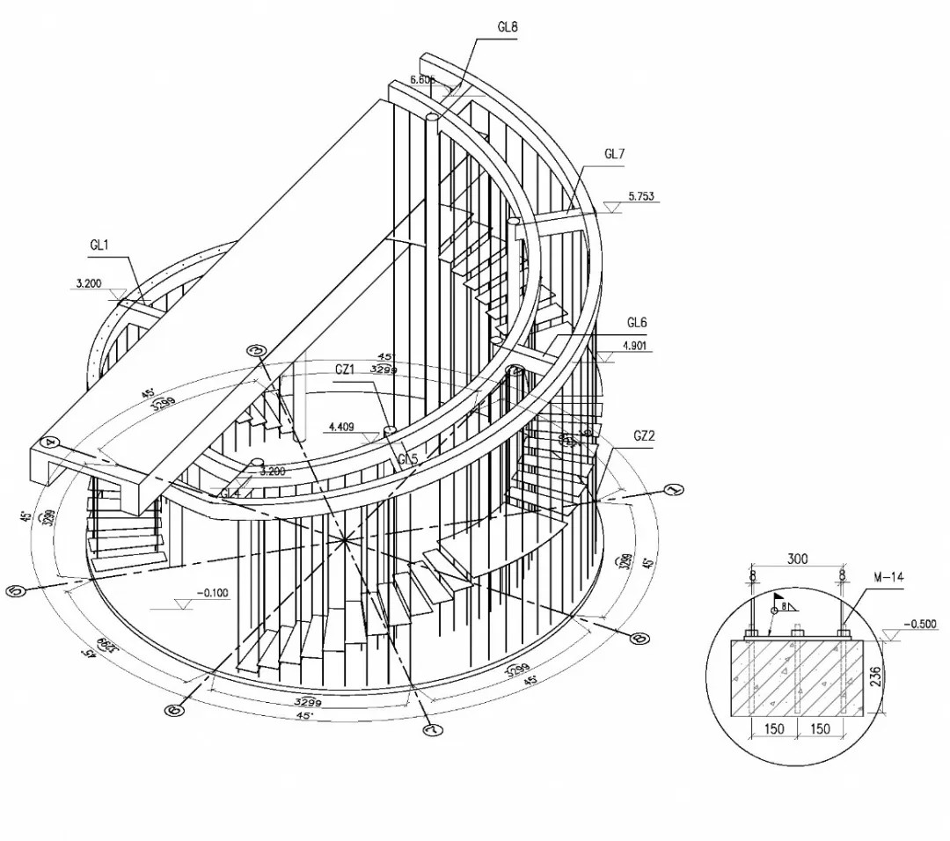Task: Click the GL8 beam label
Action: coord(508,26)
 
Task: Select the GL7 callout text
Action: coord(614,154)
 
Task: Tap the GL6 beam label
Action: coord(637,323)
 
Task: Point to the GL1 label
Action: coord(99,246)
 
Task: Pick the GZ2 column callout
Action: coord(644,435)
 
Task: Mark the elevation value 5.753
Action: coord(641,196)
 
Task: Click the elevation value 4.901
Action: coord(636,346)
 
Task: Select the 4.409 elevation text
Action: coord(341,428)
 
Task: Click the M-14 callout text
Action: coord(889,577)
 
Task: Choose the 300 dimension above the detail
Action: coord(798,559)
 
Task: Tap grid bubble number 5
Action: coord(15,591)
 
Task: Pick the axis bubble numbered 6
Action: coord(173,710)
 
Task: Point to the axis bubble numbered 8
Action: coord(641,639)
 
